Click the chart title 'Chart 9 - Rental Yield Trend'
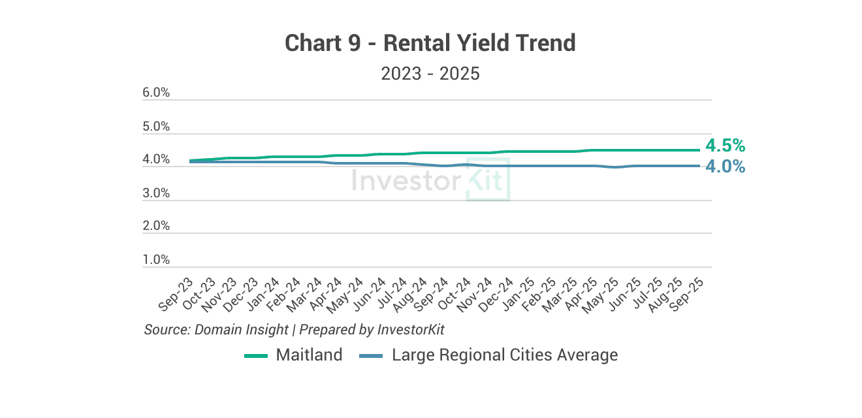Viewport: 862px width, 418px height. point(430,44)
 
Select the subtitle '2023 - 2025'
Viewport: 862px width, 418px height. point(430,74)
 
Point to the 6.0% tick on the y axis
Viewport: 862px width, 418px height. point(156,93)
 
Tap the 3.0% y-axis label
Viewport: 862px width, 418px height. point(156,193)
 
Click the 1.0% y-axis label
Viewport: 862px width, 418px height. point(156,260)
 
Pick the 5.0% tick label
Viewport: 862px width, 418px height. point(156,126)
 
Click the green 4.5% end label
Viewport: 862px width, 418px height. point(725,146)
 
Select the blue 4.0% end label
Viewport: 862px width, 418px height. point(725,167)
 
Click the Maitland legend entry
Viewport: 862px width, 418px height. point(309,355)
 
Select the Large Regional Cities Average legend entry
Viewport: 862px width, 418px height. point(504,355)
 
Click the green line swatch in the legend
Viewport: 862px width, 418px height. point(256,356)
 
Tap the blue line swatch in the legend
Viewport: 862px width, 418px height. point(371,356)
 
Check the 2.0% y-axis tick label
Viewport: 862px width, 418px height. point(156,226)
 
